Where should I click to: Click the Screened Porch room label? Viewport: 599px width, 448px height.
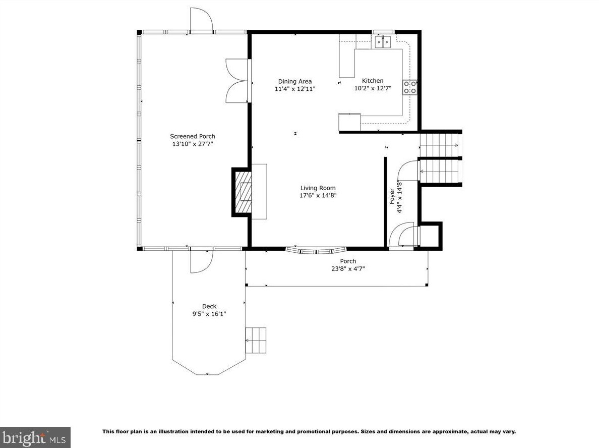point(193,136)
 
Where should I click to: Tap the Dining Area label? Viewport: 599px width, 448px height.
point(295,81)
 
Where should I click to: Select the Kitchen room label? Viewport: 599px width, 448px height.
point(373,81)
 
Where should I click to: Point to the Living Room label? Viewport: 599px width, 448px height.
point(318,188)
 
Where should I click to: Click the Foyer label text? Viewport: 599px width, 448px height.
point(392,196)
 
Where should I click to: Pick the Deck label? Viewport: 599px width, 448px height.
point(209,306)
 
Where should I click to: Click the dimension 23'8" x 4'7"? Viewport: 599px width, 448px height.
point(348,269)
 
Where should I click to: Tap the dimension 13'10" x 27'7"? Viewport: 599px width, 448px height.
point(193,144)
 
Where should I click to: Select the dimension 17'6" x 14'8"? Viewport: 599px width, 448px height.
point(318,196)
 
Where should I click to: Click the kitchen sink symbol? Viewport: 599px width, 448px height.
point(383,41)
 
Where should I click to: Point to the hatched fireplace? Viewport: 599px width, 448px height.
point(243,192)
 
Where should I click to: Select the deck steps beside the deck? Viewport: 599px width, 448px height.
point(256,340)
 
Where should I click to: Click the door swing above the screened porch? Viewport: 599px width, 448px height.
point(201,19)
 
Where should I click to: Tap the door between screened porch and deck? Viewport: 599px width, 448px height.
point(201,261)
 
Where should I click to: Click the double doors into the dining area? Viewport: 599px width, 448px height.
point(237,81)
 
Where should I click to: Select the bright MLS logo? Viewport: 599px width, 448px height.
point(35,437)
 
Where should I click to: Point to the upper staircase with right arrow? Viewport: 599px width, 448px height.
point(440,145)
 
